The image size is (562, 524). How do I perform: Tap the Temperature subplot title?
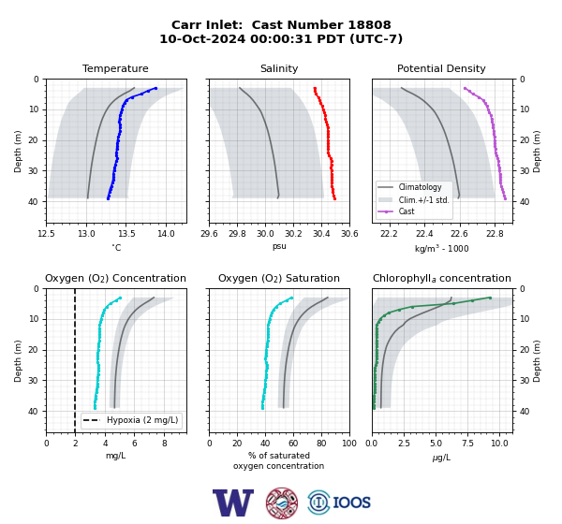click(x=115, y=68)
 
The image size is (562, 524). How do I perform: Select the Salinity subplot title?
click(x=279, y=68)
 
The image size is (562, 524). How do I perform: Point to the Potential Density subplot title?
click(x=441, y=68)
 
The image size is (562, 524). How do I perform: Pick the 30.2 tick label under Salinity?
click(x=293, y=234)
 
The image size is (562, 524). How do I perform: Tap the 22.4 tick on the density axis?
click(x=424, y=234)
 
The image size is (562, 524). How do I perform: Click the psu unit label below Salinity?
click(x=279, y=246)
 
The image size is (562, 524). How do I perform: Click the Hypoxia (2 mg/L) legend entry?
click(x=131, y=420)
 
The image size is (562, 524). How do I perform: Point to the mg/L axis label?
click(x=115, y=456)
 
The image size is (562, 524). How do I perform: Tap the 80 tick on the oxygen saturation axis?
click(x=321, y=444)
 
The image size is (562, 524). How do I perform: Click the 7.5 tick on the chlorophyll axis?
click(x=467, y=444)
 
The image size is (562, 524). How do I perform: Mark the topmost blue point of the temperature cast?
click(x=155, y=88)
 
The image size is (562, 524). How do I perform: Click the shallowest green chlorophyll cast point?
click(x=490, y=298)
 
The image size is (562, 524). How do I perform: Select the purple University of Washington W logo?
click(x=233, y=502)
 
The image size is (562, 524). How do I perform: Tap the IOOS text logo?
click(x=351, y=502)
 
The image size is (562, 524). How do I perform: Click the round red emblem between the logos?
click(x=282, y=502)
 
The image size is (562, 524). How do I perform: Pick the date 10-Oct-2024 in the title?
click(x=202, y=38)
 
